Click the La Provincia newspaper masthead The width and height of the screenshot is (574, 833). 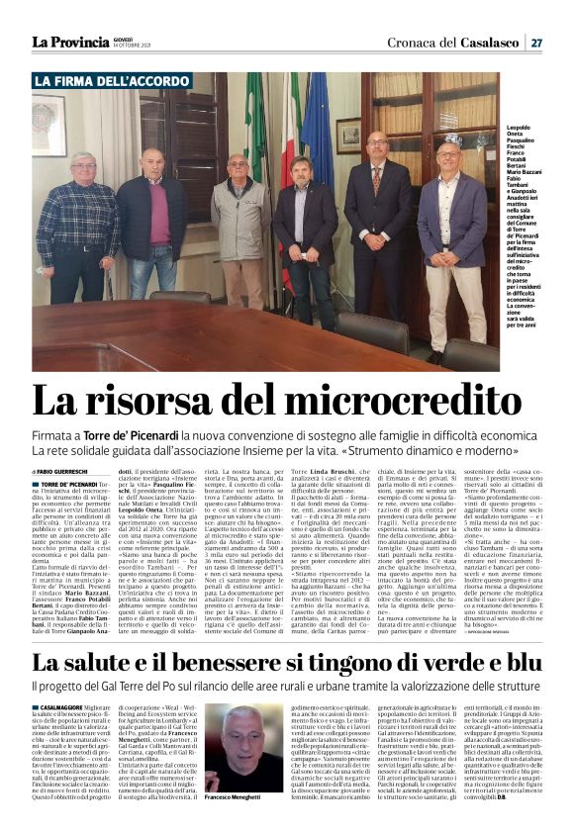coord(69,42)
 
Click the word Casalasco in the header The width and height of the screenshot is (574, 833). coord(482,43)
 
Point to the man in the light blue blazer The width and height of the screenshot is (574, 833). coord(451,237)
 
